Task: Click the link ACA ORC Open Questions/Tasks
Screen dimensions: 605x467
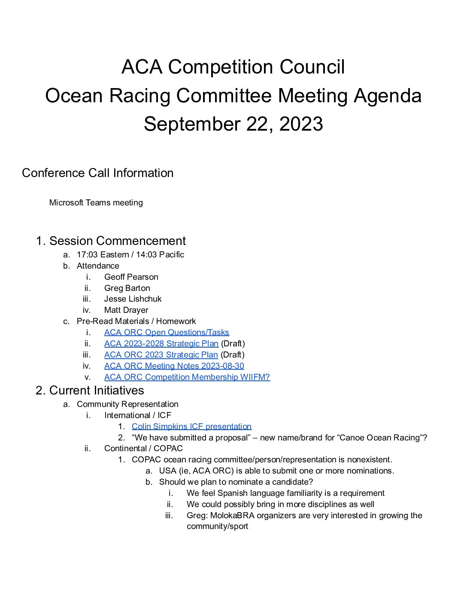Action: [167, 333]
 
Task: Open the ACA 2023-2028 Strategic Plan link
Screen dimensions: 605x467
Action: [161, 344]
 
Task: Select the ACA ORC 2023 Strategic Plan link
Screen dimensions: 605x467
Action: [161, 355]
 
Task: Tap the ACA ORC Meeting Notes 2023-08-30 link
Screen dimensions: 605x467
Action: [174, 366]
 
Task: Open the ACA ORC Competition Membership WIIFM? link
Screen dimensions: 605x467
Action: [187, 377]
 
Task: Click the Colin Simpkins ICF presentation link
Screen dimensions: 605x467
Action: [191, 427]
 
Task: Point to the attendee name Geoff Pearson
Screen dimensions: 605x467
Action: [131, 277]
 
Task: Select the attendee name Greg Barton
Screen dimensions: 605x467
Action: [127, 288]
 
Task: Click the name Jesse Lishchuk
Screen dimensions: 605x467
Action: [133, 299]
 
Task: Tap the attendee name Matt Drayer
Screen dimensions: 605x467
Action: [126, 310]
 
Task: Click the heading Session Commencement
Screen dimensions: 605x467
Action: [118, 241]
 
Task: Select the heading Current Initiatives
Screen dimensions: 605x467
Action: [97, 391]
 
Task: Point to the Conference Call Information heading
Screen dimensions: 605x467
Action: [98, 173]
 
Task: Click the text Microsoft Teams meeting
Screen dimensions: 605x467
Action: [96, 203]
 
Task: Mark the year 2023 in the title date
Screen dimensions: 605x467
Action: [301, 124]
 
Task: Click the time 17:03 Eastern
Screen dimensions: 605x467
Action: [103, 255]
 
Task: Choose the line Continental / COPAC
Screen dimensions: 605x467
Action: [143, 449]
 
